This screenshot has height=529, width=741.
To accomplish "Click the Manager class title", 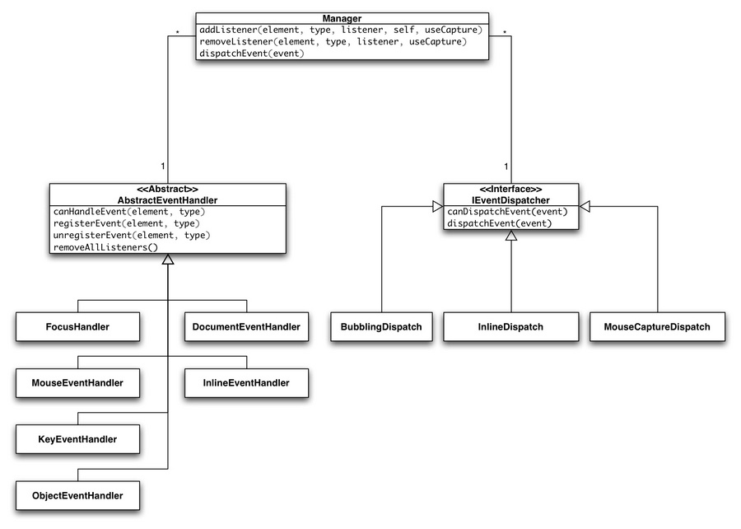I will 342,17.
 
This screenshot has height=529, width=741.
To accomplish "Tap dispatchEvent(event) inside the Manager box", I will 252,54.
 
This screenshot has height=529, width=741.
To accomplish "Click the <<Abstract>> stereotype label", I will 167,189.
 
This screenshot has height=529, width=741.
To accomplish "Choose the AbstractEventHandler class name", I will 167,199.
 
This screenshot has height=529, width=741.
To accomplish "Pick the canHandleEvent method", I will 128,212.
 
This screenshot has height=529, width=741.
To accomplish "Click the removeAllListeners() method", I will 105,246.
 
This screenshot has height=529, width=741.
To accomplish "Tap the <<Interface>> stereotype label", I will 510,189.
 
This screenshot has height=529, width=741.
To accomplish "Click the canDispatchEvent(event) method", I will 506,212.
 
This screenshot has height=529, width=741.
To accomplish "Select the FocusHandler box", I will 77,327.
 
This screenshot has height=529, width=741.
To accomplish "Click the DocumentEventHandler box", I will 246,327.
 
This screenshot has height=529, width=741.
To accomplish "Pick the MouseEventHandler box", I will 77,383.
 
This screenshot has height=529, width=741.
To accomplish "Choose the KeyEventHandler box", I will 77,439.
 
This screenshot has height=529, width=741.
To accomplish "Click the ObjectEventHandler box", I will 77,495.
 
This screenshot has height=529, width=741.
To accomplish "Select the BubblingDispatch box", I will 381,327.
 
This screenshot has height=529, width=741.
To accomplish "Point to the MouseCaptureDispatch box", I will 657,327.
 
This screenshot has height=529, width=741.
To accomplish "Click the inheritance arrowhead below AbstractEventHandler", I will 167,260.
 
